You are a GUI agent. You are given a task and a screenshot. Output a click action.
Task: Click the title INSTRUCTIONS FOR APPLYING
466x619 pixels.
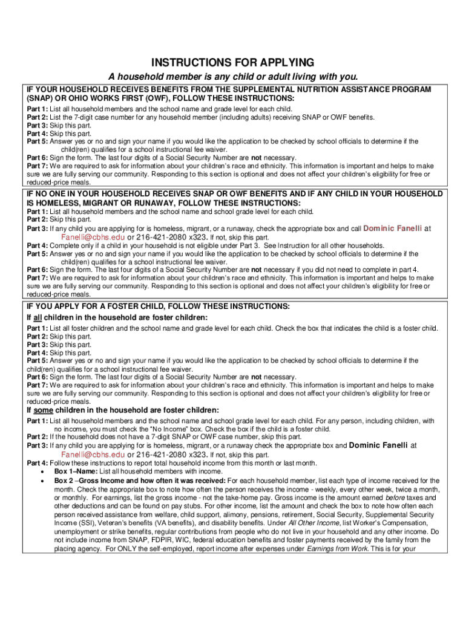(233, 63)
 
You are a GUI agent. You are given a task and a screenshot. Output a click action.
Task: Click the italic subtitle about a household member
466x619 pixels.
(233, 77)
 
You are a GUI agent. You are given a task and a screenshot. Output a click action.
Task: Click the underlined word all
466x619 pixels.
(38, 317)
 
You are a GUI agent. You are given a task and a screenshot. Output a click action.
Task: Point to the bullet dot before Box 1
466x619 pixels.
(41, 472)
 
